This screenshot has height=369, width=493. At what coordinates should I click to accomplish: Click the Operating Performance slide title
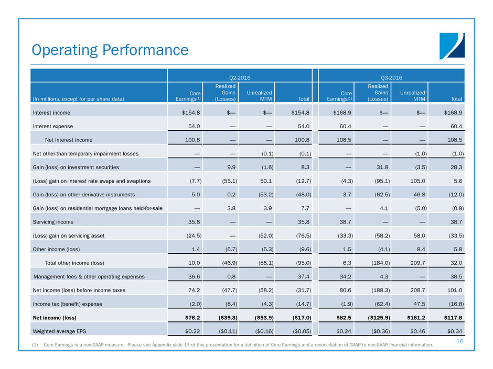110,50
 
